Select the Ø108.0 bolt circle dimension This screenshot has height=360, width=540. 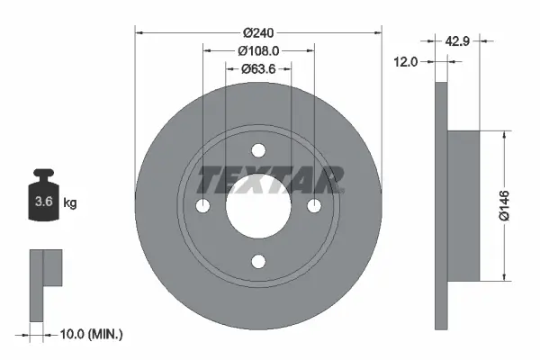258,52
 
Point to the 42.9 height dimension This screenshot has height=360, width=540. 458,40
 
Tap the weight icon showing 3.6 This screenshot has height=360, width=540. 43,200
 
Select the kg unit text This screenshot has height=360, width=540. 70,203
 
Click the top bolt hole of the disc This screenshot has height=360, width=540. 258,150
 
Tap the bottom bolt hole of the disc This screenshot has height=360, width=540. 258,262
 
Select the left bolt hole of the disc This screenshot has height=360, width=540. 202,206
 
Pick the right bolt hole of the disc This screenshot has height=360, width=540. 314,206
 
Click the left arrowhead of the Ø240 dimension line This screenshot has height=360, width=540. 139,33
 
